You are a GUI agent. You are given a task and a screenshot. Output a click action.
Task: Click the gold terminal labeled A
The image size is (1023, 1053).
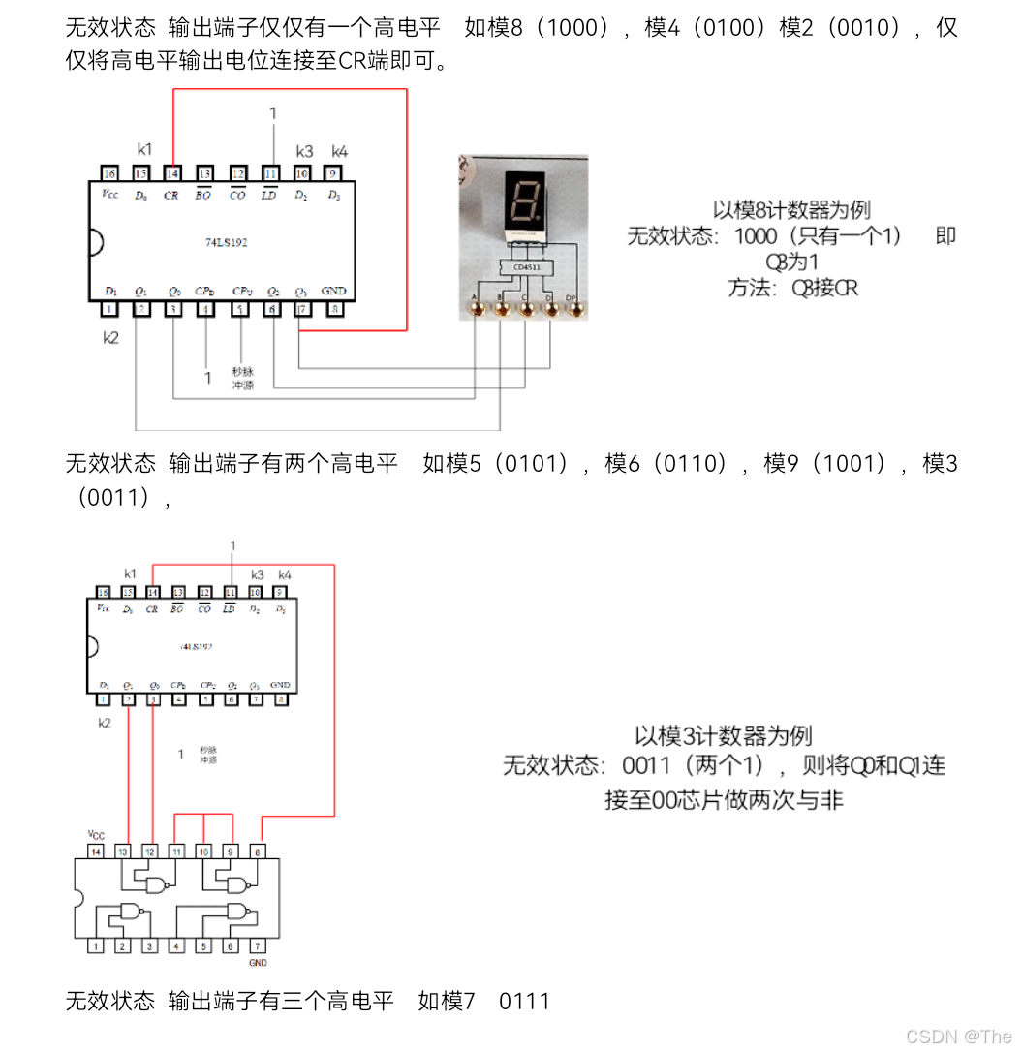(476, 310)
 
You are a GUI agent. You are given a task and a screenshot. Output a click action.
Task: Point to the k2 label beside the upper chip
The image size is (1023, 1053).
(111, 337)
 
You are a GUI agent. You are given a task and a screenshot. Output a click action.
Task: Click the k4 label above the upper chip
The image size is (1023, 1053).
(339, 151)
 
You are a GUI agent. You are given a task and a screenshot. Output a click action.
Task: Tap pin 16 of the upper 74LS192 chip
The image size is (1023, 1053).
(109, 173)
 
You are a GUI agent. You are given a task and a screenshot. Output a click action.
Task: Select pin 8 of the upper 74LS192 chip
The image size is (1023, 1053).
(334, 309)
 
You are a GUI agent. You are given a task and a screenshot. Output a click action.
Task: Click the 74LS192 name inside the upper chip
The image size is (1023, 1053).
(225, 242)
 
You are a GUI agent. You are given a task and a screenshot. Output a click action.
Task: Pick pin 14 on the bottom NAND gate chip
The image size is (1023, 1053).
(96, 851)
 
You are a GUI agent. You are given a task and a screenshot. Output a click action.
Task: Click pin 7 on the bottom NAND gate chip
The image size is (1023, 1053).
(257, 945)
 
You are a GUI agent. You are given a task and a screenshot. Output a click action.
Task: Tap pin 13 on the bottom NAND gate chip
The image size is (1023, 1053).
(123, 851)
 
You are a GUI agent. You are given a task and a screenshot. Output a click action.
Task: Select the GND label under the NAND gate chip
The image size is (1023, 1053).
(258, 963)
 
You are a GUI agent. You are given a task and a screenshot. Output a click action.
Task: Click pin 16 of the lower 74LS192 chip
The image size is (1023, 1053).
(102, 592)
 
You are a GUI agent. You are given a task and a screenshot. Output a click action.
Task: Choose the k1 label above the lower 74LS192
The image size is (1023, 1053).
(131, 573)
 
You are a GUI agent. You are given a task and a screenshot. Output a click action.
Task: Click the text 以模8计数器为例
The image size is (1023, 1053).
(790, 209)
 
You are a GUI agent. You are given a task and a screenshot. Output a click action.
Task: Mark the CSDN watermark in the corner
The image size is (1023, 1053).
(959, 1036)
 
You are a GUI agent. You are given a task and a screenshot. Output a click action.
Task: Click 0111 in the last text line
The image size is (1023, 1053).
(524, 1000)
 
